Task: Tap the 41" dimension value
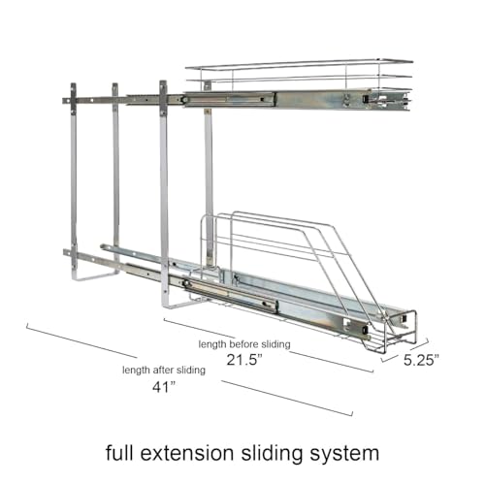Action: click(x=164, y=387)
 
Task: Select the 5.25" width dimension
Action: click(x=421, y=360)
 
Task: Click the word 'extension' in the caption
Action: click(x=186, y=453)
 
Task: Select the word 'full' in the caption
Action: click(x=119, y=452)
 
